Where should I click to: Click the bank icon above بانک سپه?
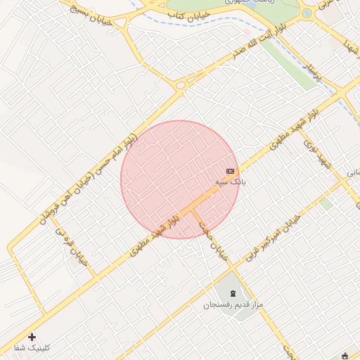(x=231, y=171)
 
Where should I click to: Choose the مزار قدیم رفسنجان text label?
(x=233, y=305)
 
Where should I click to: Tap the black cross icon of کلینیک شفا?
(x=32, y=337)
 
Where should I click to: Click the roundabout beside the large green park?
(x=307, y=13)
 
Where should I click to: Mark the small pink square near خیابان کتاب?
(x=247, y=32)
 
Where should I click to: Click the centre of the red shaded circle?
(x=180, y=179)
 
